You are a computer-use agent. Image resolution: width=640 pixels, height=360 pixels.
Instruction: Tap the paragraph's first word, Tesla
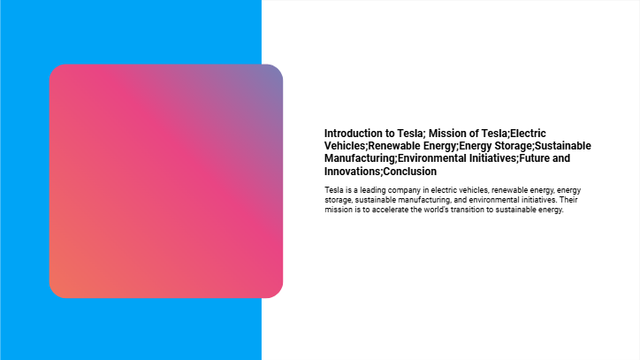tap(334, 190)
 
